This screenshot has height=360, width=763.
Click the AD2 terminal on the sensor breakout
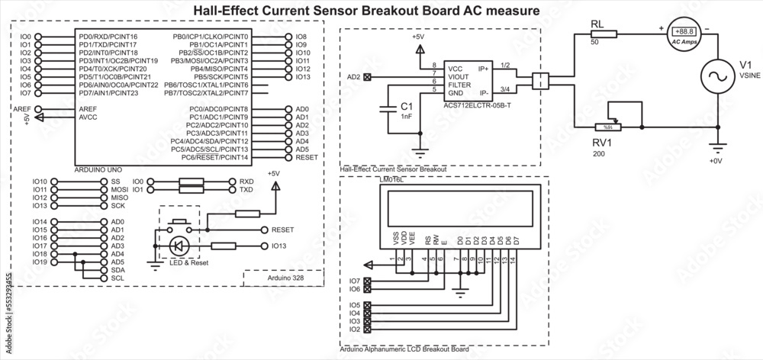coord(369,76)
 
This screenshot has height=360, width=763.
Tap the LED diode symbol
coord(179,246)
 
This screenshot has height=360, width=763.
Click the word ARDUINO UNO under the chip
coord(97,167)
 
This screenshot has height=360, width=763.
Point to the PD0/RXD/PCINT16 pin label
coord(108,37)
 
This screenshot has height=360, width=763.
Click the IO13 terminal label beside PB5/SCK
coord(302,77)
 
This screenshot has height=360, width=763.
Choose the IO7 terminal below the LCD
coord(355,281)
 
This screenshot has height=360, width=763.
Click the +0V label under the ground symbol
coord(715,161)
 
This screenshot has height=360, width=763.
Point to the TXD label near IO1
coord(246,189)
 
